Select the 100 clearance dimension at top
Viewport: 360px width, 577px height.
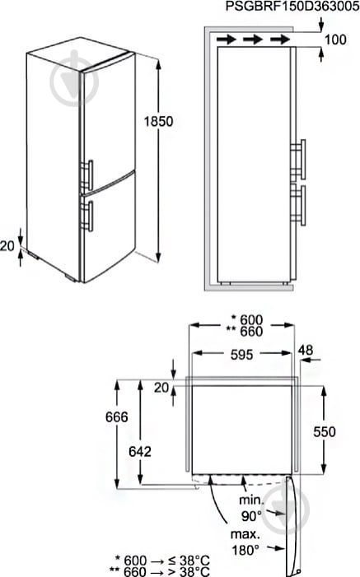click(x=336, y=40)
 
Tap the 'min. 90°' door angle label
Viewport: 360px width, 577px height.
click(x=252, y=507)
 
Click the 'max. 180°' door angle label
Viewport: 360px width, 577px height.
click(x=245, y=542)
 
